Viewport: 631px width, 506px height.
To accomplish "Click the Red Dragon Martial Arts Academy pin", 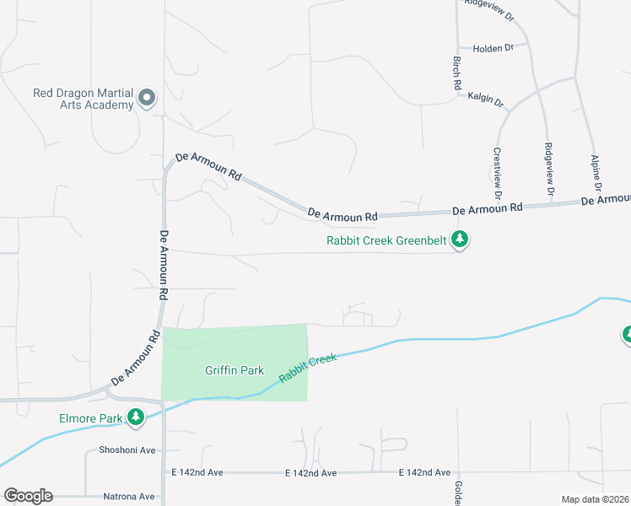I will click(x=147, y=98).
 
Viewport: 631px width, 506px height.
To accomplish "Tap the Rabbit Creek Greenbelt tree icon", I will click(x=460, y=240).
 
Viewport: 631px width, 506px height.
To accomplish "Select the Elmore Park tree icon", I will click(x=135, y=417).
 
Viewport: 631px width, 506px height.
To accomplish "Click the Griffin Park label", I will click(x=235, y=370).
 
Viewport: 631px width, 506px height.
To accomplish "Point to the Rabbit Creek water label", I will click(x=308, y=369).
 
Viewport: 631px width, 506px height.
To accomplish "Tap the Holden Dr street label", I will click(x=493, y=48).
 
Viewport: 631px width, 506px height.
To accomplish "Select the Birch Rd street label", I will click(x=456, y=73).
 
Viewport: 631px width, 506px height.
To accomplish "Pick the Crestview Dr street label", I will click(x=498, y=174).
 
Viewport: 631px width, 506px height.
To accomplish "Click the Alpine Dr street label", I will click(x=596, y=170).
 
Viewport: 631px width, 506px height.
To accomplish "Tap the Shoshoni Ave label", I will click(x=127, y=450).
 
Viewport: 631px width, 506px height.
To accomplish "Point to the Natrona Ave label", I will click(x=129, y=497).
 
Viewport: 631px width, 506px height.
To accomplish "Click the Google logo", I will click(x=28, y=496).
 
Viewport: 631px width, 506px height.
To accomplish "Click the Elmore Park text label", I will click(x=90, y=417).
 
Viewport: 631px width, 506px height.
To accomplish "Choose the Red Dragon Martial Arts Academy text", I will click(x=84, y=99).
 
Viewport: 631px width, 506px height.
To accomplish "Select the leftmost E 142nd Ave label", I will click(x=196, y=473).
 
